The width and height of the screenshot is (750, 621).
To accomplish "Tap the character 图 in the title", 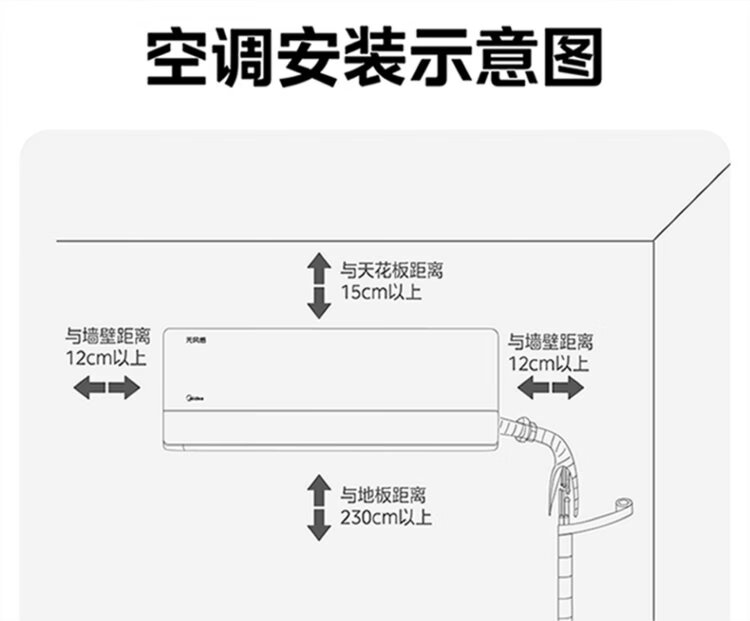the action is click(573, 56).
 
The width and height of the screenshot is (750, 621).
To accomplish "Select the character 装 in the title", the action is click(375, 56).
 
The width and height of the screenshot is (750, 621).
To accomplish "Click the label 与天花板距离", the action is click(392, 271).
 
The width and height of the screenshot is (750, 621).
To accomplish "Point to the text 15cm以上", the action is click(381, 292).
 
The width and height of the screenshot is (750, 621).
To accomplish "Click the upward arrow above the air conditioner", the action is click(319, 269).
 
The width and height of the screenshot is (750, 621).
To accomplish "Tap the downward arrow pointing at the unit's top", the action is click(319, 303).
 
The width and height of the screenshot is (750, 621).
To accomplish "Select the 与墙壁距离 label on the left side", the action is click(108, 336).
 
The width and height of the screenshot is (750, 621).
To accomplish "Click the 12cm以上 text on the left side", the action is click(106, 357).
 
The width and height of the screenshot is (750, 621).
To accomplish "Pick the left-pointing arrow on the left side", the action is click(89, 387).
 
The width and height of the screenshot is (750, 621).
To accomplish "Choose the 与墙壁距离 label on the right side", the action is click(551, 342).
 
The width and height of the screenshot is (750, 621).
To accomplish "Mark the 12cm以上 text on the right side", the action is click(548, 364).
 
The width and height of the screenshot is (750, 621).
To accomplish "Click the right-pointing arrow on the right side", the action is click(568, 387).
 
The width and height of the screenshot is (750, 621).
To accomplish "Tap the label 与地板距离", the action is click(383, 496).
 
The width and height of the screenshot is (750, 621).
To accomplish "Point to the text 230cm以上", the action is click(386, 517).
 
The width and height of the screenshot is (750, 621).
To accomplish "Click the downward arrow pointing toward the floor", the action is click(319, 525).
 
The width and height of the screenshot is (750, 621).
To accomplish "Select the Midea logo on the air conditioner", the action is click(195, 398).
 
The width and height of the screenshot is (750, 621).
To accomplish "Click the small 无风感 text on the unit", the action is click(195, 340).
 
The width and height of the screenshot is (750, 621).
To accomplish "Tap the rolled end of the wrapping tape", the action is click(624, 505).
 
